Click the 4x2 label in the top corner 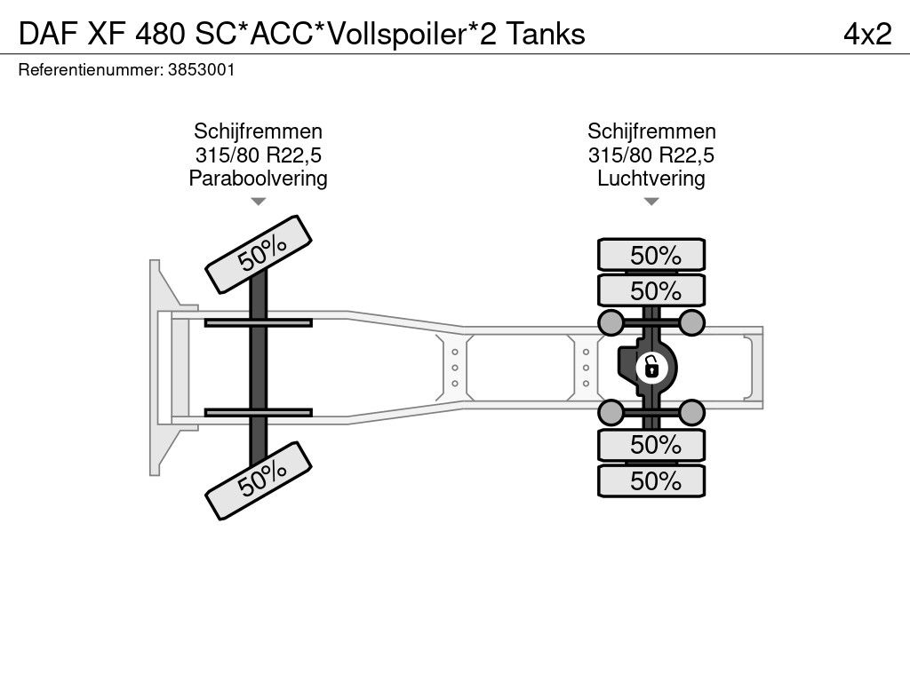click(x=866, y=34)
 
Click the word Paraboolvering click(x=258, y=178)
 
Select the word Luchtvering click(x=651, y=178)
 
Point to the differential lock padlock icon click(x=651, y=366)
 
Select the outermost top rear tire click(x=651, y=255)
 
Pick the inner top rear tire click(x=651, y=290)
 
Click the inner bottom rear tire click(x=651, y=445)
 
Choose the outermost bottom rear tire click(x=651, y=480)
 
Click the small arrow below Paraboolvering click(x=258, y=202)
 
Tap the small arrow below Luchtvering click(x=651, y=202)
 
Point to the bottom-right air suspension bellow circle click(x=692, y=411)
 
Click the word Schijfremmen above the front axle click(x=258, y=131)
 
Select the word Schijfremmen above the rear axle click(x=651, y=131)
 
